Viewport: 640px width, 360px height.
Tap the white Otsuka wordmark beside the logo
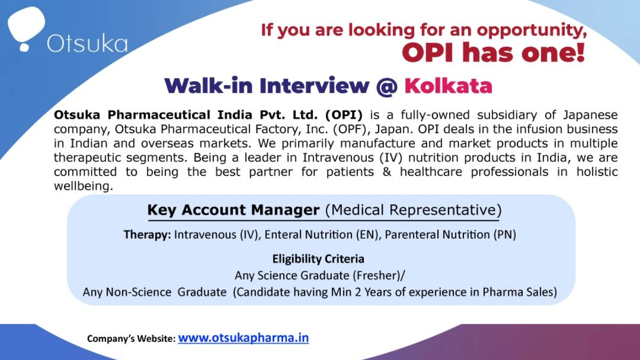(87, 43)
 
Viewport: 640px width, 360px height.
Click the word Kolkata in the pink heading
(448, 85)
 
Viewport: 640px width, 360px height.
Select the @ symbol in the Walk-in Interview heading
(387, 85)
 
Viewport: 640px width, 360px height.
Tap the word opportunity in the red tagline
(531, 30)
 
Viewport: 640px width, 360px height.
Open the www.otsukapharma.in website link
(243, 338)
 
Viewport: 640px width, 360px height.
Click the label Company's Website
(131, 339)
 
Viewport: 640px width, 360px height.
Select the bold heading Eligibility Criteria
(318, 259)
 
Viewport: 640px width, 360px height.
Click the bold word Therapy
(147, 235)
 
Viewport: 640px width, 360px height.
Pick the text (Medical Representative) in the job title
(413, 210)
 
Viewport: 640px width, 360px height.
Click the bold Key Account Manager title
(233, 210)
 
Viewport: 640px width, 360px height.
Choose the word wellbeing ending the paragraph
(83, 187)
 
